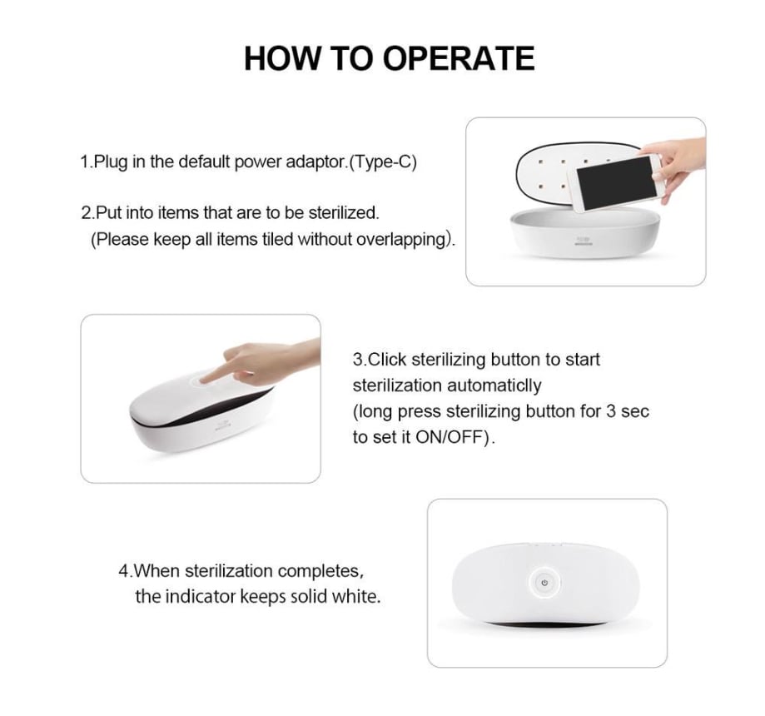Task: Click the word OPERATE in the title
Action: [459, 58]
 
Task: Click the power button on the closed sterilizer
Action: [544, 582]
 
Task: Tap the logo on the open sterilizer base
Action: [584, 241]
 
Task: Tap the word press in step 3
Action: [419, 412]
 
